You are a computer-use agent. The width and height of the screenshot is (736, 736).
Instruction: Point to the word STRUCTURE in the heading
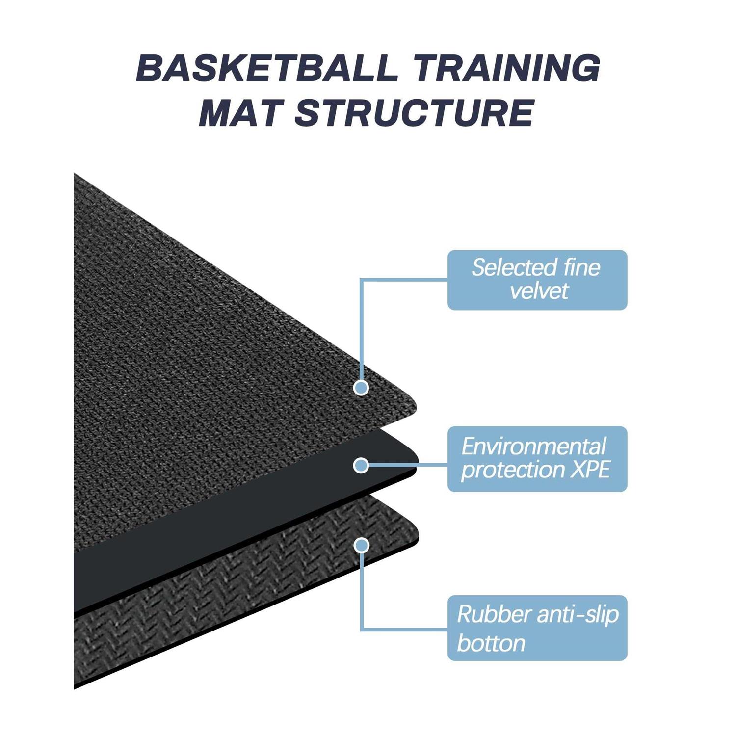coord(415,112)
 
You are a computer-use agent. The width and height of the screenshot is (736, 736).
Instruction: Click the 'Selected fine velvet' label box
coord(537,280)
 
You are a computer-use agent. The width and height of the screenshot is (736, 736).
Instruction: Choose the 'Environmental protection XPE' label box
coord(537,459)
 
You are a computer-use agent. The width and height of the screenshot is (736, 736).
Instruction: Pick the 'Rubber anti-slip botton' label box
coord(537,628)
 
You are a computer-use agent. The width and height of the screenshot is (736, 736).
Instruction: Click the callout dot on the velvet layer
coord(361,388)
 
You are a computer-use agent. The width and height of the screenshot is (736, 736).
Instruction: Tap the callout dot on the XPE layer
coord(361,465)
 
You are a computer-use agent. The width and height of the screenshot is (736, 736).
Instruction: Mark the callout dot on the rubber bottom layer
coord(362,545)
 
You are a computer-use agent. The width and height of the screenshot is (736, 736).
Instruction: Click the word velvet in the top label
coord(539,291)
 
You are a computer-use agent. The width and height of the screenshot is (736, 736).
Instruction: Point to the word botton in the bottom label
coord(491,643)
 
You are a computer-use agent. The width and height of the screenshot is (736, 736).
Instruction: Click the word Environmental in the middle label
coord(534,447)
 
